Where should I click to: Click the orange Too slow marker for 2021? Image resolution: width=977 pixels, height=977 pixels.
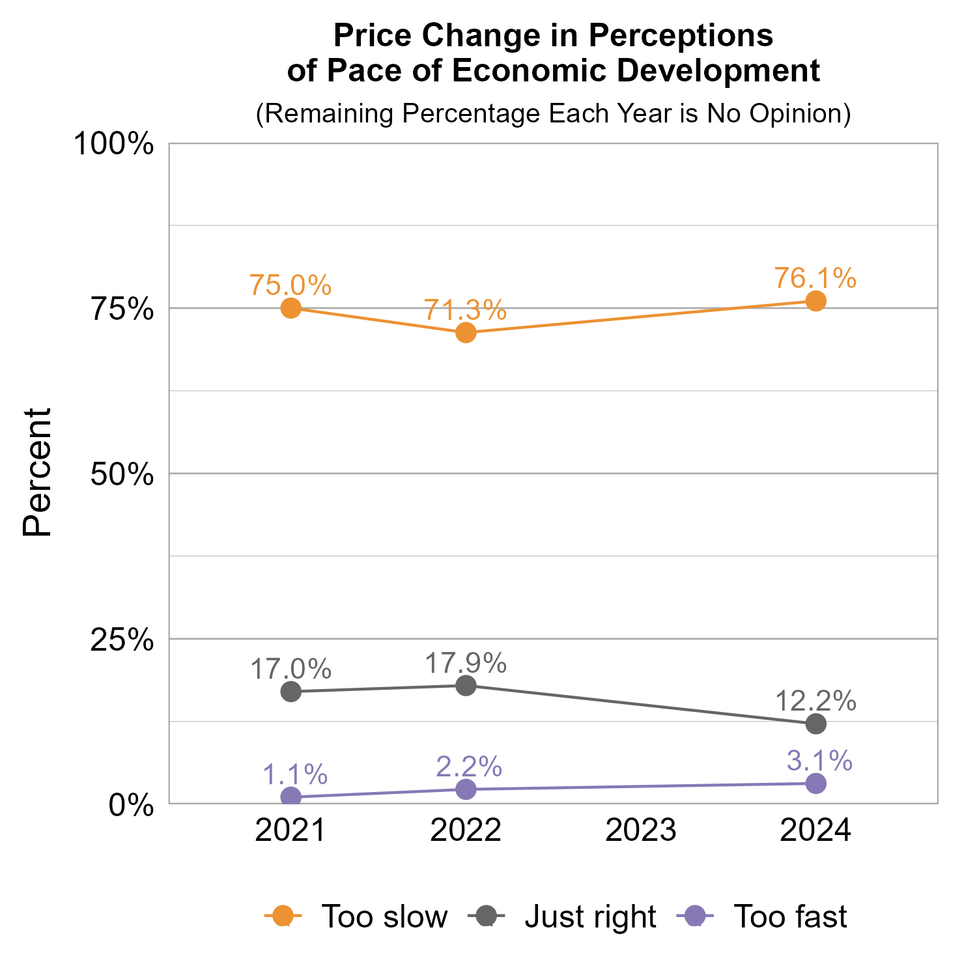(290, 308)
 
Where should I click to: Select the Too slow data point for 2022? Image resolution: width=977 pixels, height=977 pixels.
(466, 333)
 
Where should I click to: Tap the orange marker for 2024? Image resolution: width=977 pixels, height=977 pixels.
(815, 301)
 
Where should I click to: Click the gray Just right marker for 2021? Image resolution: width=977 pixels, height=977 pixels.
(290, 692)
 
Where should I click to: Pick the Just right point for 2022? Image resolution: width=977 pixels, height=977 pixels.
(466, 685)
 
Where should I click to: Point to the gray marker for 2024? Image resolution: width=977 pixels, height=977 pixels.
(815, 723)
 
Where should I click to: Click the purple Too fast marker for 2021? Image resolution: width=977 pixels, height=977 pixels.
(290, 797)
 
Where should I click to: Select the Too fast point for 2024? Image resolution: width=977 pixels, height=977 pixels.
(815, 784)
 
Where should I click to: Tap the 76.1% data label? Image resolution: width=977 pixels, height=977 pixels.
(815, 278)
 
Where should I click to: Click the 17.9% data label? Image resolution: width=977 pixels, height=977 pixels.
(466, 663)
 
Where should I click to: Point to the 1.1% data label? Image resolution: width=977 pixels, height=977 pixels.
(294, 774)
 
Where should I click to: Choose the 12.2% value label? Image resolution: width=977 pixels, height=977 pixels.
(815, 701)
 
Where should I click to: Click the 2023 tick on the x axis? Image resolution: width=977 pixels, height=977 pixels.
(641, 830)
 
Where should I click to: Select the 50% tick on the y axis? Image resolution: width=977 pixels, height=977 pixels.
(122, 474)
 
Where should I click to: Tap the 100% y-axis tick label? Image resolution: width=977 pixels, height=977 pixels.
(113, 144)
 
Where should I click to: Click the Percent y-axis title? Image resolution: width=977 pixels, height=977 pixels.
(37, 472)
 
